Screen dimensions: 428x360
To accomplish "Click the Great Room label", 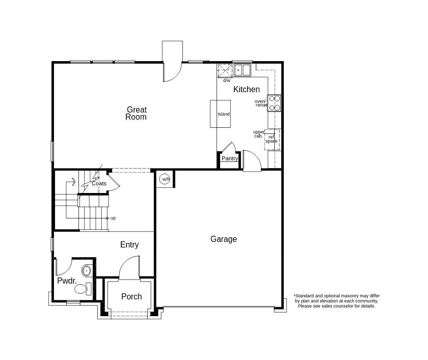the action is coord(136,113).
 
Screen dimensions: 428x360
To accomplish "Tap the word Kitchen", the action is coord(247,89).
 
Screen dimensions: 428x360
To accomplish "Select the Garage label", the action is coord(224,239).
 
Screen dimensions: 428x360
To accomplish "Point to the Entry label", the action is coord(129,244).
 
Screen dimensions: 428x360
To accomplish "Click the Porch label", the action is coord(131,296).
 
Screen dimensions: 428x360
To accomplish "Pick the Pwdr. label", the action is coord(67,281).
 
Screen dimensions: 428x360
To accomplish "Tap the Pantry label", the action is coord(230,158).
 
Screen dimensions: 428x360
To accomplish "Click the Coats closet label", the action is coord(99,183).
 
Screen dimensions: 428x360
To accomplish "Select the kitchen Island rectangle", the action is coord(220,114).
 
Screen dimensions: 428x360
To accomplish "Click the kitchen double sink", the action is coord(243,70).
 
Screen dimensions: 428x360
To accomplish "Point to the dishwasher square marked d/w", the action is coord(225,71).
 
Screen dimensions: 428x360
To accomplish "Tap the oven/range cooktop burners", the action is coord(274,103).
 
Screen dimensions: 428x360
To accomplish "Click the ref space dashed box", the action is coord(272,140).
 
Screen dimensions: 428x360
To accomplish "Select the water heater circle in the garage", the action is coord(165,179).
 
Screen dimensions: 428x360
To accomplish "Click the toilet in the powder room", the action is coord(83,289).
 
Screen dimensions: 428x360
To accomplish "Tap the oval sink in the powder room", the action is coord(87,271).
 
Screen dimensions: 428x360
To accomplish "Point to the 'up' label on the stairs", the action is coord(113,218).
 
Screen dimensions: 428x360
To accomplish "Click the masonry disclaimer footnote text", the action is coord(337,301).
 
